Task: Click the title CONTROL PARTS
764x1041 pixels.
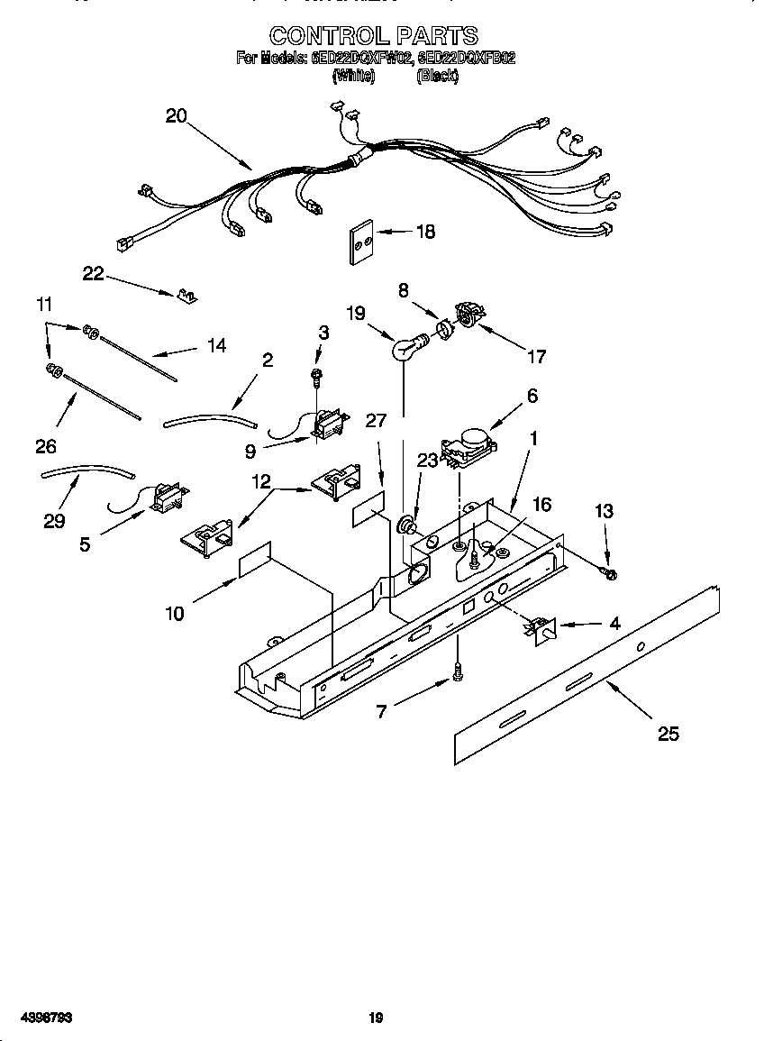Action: coord(374,35)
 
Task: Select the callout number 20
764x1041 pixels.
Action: coord(176,115)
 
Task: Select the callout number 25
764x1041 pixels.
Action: coord(668,734)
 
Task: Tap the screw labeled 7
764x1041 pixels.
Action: coord(459,671)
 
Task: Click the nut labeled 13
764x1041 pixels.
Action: coord(610,573)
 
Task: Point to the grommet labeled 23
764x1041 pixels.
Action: coord(408,522)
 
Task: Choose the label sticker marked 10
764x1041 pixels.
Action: coord(255,560)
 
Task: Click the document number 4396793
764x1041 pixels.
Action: coord(38,1018)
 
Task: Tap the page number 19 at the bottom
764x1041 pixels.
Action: coord(377,1018)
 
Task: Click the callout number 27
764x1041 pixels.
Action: coord(376,420)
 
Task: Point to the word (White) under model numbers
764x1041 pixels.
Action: coord(354,77)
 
